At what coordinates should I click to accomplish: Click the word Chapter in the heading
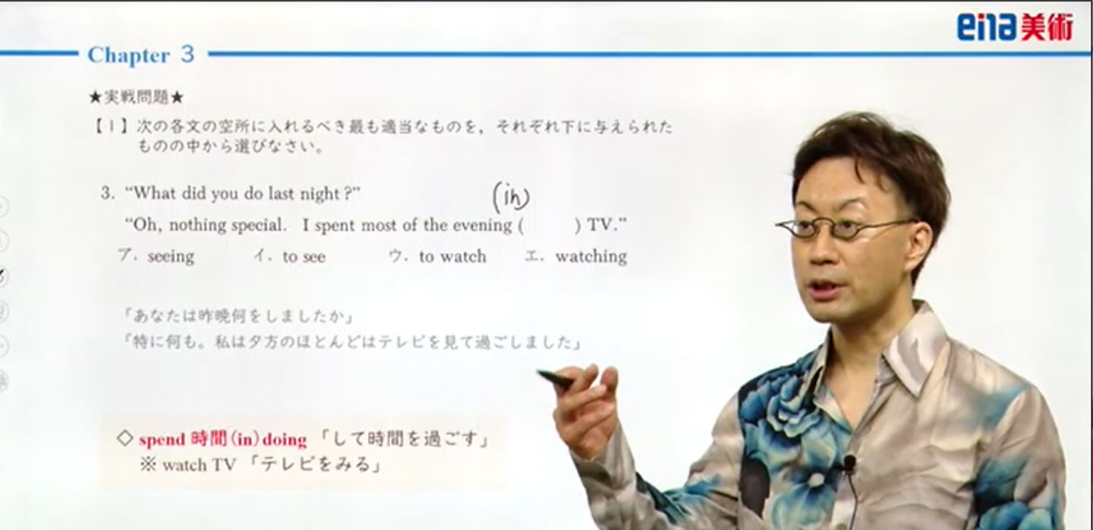point(129,55)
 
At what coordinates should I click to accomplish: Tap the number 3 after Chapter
point(187,54)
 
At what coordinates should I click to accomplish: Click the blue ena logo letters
point(985,27)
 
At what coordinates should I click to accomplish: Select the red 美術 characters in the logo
point(1046,27)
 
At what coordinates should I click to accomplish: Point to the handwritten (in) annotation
point(511,197)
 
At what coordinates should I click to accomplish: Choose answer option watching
point(591,256)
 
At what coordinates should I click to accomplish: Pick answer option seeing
point(171,256)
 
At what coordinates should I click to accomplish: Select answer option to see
point(304,257)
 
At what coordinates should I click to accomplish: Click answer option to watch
point(453,256)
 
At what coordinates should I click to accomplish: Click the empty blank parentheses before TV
point(550,226)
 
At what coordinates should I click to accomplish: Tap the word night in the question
point(319,194)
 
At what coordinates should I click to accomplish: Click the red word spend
point(162,440)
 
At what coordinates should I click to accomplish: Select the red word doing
point(285,440)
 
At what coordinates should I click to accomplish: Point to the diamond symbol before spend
point(125,439)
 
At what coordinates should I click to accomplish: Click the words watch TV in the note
point(199,465)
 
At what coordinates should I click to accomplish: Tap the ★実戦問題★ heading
point(136,98)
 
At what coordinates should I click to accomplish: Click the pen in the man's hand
point(556,379)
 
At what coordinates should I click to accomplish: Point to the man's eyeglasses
point(844,228)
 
